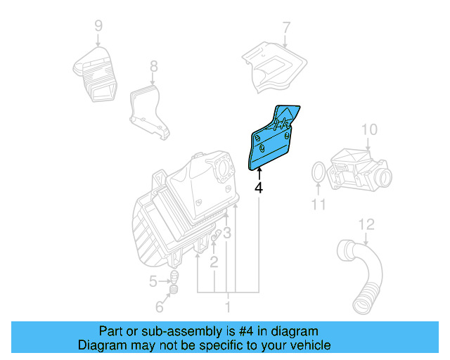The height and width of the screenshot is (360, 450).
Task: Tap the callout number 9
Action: pos(98,27)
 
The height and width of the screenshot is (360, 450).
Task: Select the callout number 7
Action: pos(286,27)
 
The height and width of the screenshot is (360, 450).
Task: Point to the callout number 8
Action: pos(154,67)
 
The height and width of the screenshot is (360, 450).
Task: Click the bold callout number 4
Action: pos(259,188)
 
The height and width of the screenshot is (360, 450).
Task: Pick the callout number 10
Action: pos(369,129)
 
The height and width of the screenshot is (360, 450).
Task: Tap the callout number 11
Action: pos(319,205)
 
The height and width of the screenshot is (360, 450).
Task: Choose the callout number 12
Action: pos(366,225)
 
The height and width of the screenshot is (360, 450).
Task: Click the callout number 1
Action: pos(227,307)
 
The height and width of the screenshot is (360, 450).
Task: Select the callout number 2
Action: pos(214,262)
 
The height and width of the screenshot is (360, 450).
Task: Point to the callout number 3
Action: pos(227,233)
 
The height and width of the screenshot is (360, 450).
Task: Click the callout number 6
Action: pos(159,307)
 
